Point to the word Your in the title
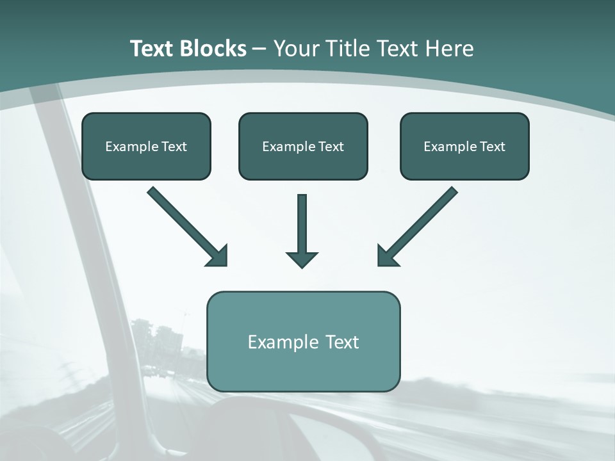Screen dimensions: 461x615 tap(296, 49)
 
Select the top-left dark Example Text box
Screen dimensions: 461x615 tap(146, 146)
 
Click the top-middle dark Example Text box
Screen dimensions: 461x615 tap(303, 146)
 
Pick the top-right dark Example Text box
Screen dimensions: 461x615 tap(464, 146)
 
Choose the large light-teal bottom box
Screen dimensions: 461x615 tap(303, 341)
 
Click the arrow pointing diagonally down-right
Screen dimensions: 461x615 tap(186, 225)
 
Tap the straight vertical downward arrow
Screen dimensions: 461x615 tap(302, 227)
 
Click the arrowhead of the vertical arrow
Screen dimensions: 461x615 tap(302, 259)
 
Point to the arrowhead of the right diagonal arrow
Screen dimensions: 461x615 tap(387, 255)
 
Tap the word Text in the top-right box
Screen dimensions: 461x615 tap(491, 147)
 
